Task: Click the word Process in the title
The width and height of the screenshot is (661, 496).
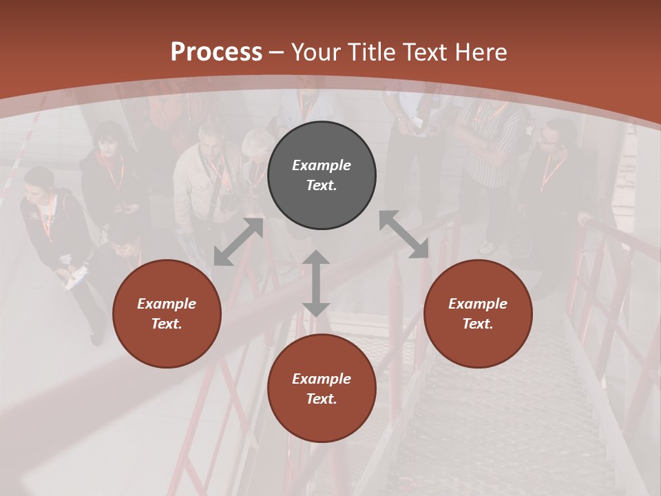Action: pyautogui.click(x=216, y=52)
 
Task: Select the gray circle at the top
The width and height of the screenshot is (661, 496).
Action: pyautogui.click(x=322, y=176)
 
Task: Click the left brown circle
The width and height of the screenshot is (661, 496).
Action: pyautogui.click(x=167, y=313)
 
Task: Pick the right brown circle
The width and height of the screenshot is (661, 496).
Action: pyautogui.click(x=478, y=313)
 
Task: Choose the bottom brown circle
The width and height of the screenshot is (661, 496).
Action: pyautogui.click(x=322, y=389)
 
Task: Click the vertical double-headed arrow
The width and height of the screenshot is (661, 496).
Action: pyautogui.click(x=316, y=283)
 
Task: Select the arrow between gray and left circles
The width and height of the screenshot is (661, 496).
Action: pyautogui.click(x=238, y=242)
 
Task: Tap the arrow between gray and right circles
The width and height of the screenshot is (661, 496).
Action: pyautogui.click(x=403, y=234)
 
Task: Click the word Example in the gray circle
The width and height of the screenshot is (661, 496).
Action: pyautogui.click(x=322, y=165)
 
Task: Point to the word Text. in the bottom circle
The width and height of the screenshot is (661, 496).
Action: pyautogui.click(x=322, y=399)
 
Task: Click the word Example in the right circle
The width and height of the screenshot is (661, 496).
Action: pyautogui.click(x=478, y=304)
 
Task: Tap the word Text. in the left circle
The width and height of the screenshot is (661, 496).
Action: pyautogui.click(x=167, y=324)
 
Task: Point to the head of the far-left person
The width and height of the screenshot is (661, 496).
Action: pyautogui.click(x=39, y=180)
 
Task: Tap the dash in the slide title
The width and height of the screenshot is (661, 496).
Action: pyautogui.click(x=277, y=52)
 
